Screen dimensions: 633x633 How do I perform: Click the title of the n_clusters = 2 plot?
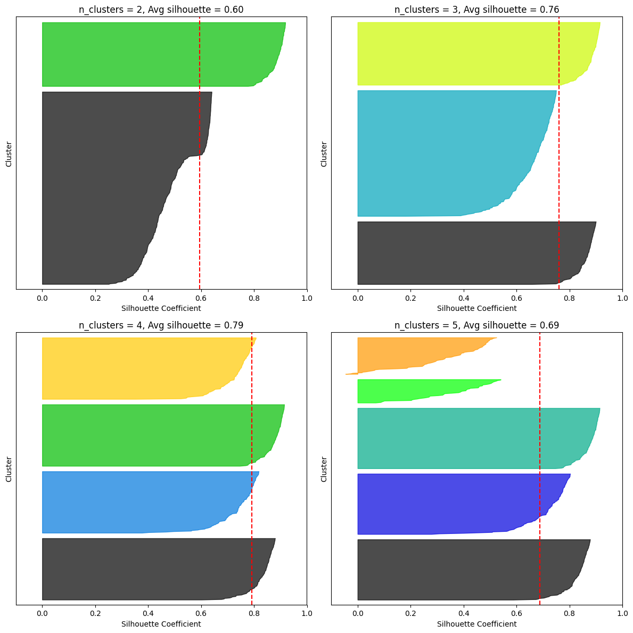(x=161, y=10)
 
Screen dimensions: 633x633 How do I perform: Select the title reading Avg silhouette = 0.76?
(x=476, y=10)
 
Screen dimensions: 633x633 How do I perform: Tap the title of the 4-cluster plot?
(x=161, y=325)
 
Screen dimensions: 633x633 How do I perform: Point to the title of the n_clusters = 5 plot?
(x=476, y=325)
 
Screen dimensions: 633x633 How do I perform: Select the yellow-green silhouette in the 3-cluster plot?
(x=468, y=53)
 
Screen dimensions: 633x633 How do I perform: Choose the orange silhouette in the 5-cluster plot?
(x=405, y=352)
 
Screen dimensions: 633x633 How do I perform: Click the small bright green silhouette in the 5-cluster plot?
(x=405, y=390)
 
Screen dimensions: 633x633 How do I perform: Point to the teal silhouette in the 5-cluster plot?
(x=468, y=438)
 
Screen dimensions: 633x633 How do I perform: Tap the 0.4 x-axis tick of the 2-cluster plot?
(x=148, y=298)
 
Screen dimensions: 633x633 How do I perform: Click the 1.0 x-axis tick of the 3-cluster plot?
(x=622, y=298)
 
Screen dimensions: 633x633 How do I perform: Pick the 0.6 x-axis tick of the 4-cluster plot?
(x=201, y=614)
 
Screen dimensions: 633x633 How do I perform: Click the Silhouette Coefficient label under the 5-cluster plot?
(x=476, y=624)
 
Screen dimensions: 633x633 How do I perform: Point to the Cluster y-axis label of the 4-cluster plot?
(x=9, y=469)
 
